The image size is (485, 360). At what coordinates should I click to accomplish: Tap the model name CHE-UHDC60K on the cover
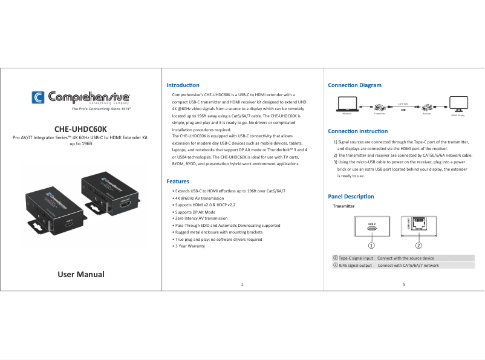click(x=80, y=129)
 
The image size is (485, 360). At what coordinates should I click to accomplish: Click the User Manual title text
click(x=81, y=274)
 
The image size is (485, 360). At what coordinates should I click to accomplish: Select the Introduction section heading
click(x=183, y=85)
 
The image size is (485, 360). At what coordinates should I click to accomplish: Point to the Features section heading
click(x=178, y=182)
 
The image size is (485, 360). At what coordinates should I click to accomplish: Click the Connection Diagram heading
click(x=354, y=85)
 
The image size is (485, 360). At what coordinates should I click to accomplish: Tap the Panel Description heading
click(x=351, y=197)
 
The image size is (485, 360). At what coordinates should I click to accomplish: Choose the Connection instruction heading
click(x=357, y=131)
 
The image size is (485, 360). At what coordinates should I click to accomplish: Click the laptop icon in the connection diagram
click(x=347, y=103)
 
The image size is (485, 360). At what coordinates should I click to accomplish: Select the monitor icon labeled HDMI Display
click(x=457, y=103)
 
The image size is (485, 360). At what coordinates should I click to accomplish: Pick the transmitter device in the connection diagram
click(x=380, y=105)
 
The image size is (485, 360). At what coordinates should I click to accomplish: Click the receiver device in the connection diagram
click(x=427, y=105)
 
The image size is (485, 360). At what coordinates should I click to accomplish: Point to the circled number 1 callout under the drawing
click(x=372, y=246)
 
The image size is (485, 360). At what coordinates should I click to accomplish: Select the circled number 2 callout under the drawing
click(x=418, y=246)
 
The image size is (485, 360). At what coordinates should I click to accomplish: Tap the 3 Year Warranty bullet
click(x=189, y=246)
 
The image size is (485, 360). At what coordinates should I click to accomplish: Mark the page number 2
click(x=242, y=284)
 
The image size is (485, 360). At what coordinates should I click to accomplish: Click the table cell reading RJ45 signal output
click(x=354, y=265)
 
